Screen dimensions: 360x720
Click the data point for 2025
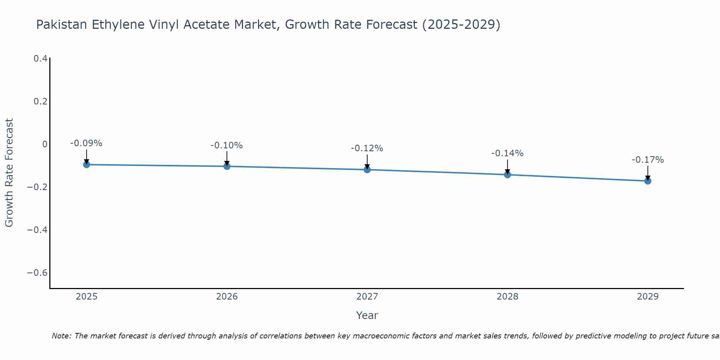[86, 165]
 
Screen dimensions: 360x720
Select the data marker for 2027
[367, 170]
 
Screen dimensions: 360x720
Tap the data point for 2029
[648, 181]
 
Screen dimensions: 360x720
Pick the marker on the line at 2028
[508, 175]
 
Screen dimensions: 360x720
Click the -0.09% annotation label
[86, 143]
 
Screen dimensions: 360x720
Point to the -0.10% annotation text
[226, 145]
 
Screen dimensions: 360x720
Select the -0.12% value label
[367, 148]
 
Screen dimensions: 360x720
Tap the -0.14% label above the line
[507, 153]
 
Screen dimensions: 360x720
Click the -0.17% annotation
[648, 160]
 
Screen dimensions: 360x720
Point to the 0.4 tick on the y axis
[40, 58]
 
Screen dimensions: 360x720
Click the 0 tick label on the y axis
[45, 144]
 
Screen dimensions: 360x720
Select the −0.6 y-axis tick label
[37, 273]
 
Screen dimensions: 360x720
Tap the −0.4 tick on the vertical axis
[37, 230]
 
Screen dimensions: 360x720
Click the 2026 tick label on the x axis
[227, 297]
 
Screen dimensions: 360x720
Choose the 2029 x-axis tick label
[648, 297]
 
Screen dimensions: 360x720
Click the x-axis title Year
[367, 315]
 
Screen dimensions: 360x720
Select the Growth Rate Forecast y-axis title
[9, 173]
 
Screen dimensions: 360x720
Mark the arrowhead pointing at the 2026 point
[227, 163]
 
